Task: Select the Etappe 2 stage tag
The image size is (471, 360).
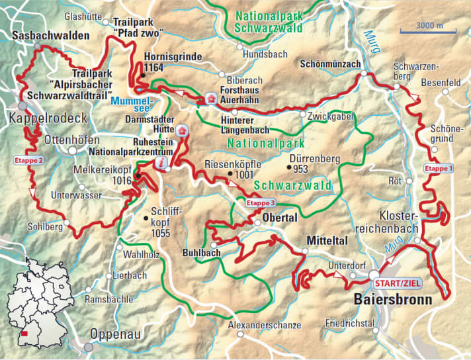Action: (28, 160)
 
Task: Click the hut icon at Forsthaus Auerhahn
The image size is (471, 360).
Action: (211, 98)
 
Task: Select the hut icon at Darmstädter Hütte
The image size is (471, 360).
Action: (183, 130)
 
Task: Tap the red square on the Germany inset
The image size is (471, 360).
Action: (25, 334)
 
